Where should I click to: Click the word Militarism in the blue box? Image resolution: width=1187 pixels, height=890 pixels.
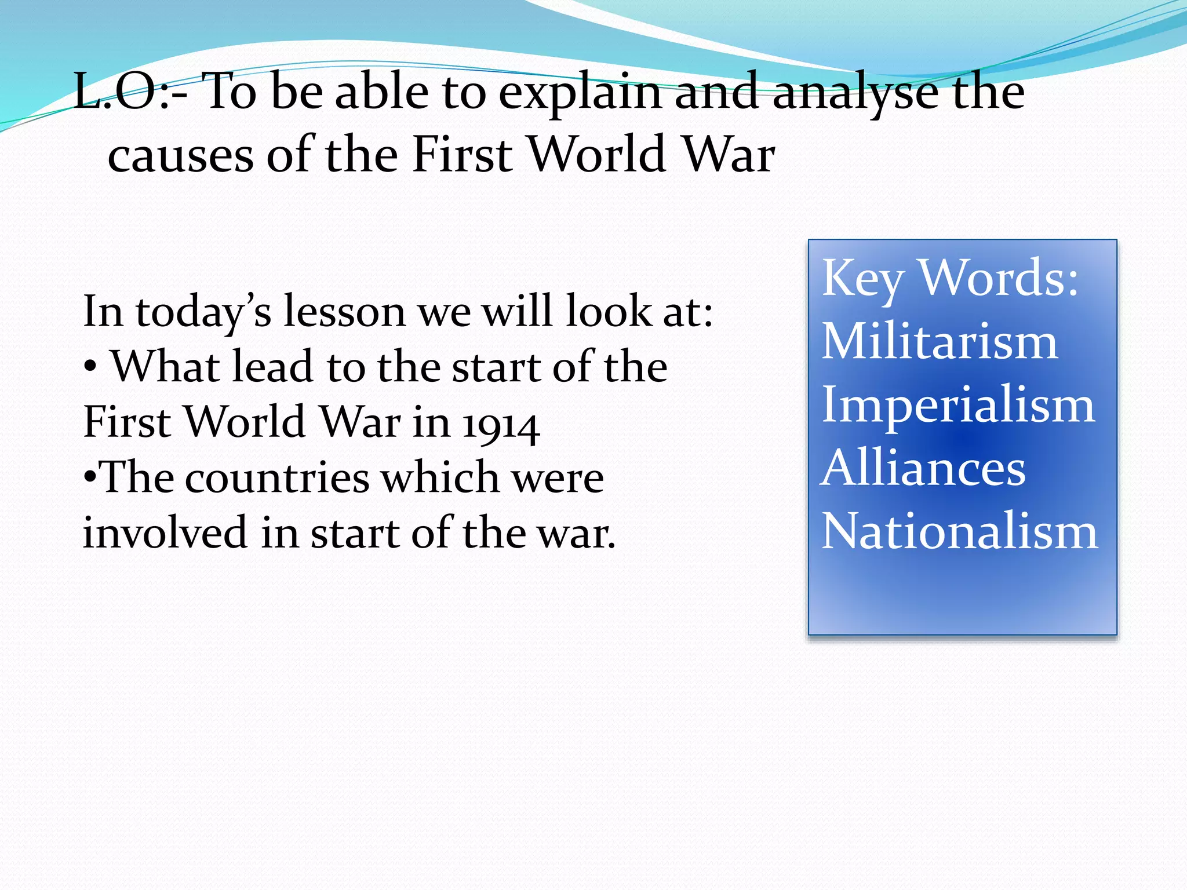click(940, 341)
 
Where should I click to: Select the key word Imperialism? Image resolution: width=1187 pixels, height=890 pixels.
click(958, 405)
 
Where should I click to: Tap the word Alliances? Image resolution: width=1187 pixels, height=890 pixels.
click(923, 468)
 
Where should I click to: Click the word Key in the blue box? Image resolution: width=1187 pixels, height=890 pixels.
click(863, 280)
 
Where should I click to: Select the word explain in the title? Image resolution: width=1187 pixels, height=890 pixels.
click(580, 93)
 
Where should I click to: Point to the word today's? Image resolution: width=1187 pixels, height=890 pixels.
click(203, 313)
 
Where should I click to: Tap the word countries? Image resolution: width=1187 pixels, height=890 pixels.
click(277, 479)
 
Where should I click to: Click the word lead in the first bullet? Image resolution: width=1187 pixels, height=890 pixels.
click(272, 367)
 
